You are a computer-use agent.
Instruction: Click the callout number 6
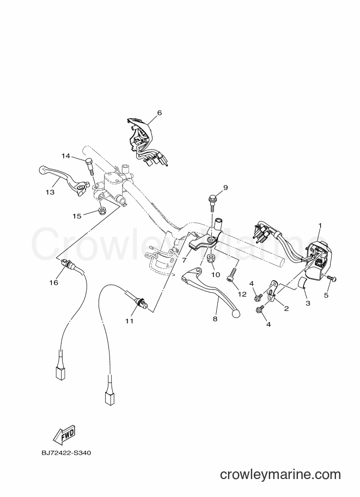tap(159, 113)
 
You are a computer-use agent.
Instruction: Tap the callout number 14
tap(66, 156)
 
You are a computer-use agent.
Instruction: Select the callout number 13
tap(50, 192)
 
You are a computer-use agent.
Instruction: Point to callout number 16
tap(54, 282)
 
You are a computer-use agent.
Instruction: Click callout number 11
tap(129, 321)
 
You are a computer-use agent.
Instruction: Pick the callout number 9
tap(225, 188)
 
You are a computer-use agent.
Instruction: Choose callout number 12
tap(242, 294)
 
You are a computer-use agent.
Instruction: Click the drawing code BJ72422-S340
tap(66, 453)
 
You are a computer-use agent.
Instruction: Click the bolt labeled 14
tap(89, 166)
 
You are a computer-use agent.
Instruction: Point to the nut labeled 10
tap(211, 259)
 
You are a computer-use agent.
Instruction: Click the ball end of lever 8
tap(236, 313)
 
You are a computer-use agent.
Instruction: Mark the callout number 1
tap(320, 225)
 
